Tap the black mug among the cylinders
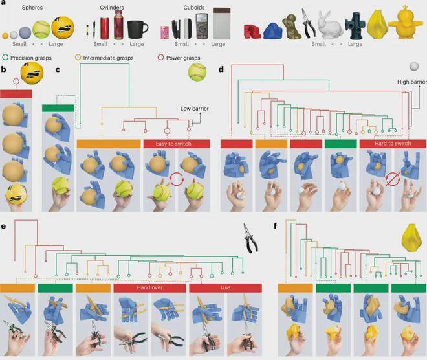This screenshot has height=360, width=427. coord(137,30)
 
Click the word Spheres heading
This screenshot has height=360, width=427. coord(32,8)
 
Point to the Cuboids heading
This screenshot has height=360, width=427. coord(194,8)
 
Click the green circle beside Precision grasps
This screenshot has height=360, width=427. coord(5,58)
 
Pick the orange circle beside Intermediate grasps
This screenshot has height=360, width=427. coord(78,58)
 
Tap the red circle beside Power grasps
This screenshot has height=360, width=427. coord(160,58)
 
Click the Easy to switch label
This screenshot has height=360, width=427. coord(173,144)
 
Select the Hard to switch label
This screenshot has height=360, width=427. coord(393,144)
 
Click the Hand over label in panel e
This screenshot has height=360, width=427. coord(150,287)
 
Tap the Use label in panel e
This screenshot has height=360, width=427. coord(226,287)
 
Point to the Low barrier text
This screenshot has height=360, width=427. coord(195,109)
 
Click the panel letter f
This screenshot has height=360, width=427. coord(276,226)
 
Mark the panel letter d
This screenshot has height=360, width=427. coord(221,69)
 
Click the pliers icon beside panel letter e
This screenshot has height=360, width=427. coord(250,238)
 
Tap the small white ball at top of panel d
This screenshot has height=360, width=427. coord(414,66)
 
